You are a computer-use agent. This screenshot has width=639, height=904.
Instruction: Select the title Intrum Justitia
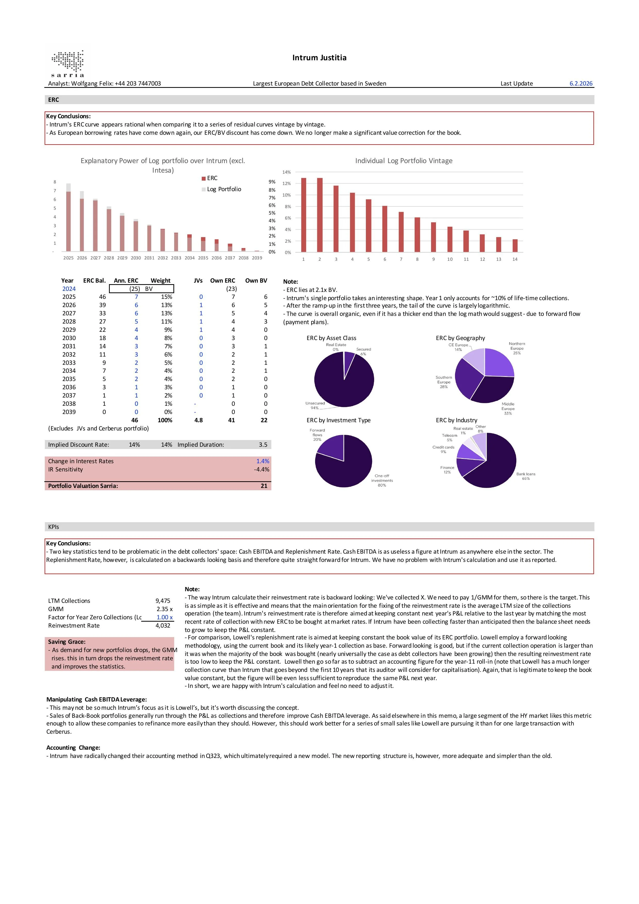point(319,58)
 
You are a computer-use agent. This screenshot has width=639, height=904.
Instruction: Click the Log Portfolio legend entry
point(224,189)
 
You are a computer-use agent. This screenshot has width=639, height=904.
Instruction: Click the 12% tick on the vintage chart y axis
point(287,183)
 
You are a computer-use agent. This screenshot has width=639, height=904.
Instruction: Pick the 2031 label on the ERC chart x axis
point(149,258)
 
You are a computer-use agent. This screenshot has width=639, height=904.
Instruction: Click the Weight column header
point(161,281)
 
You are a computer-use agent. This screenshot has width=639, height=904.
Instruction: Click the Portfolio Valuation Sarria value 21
point(264,486)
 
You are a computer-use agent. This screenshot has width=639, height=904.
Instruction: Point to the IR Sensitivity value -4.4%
point(262,469)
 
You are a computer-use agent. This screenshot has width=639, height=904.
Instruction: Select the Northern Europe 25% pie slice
point(498,364)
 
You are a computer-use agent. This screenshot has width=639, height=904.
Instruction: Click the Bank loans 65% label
point(526,476)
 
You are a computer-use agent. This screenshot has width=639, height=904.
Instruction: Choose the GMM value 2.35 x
point(165,609)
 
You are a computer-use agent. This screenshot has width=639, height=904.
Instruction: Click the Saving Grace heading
point(66,642)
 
